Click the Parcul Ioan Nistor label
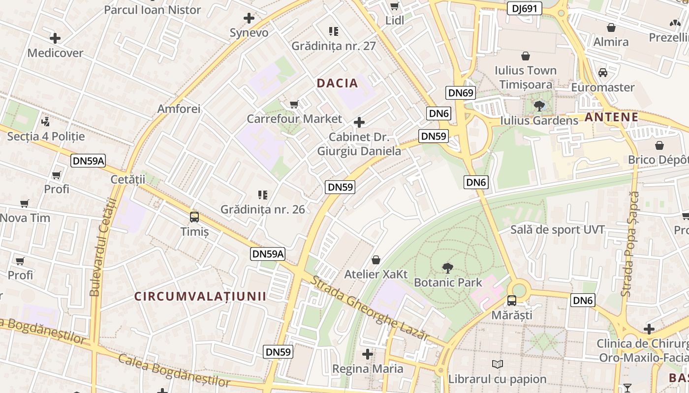point(153,10)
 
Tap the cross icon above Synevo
point(249,19)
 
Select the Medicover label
point(55,53)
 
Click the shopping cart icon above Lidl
point(394,6)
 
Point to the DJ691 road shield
point(525,8)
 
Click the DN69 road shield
point(461,93)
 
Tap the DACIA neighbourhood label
point(338,83)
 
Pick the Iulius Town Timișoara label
point(526,77)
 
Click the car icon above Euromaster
point(603,73)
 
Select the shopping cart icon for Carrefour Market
point(294,104)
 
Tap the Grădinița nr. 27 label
point(334,46)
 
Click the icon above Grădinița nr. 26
point(263,195)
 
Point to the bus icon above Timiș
point(194,217)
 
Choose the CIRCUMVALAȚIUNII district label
point(200,296)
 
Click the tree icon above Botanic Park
point(447,268)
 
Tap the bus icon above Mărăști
point(512,301)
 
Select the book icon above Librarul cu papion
point(497,365)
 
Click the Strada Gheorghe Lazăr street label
point(371,308)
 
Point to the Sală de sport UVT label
point(558,229)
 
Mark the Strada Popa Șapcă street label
point(629,244)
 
